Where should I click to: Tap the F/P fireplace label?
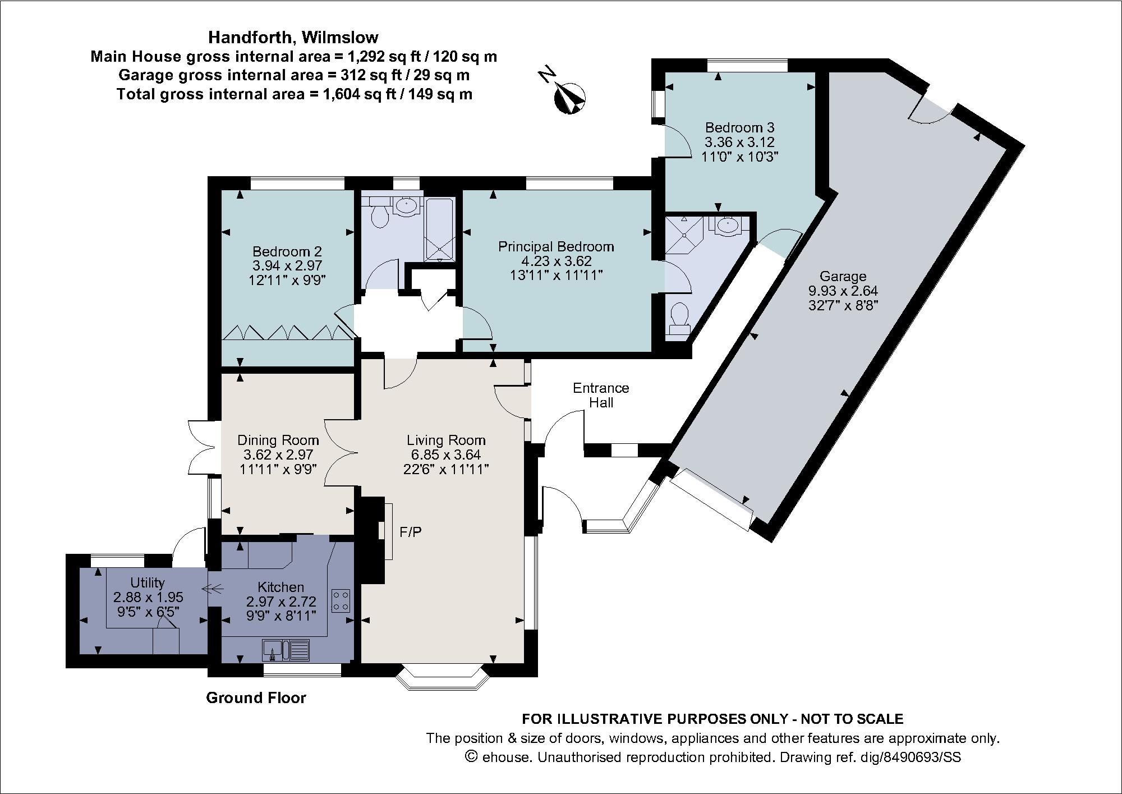click(410, 531)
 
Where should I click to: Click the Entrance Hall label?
click(601, 395)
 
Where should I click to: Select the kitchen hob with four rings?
click(341, 600)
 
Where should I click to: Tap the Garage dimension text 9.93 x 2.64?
click(843, 291)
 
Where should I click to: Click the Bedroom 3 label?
click(740, 127)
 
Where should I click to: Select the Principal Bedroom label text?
click(556, 246)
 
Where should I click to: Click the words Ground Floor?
click(256, 697)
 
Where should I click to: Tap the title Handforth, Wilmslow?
click(293, 37)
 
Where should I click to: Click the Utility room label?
click(148, 582)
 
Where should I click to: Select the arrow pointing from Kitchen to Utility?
click(212, 589)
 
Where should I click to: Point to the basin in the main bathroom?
click(406, 206)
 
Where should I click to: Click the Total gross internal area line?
click(295, 94)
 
